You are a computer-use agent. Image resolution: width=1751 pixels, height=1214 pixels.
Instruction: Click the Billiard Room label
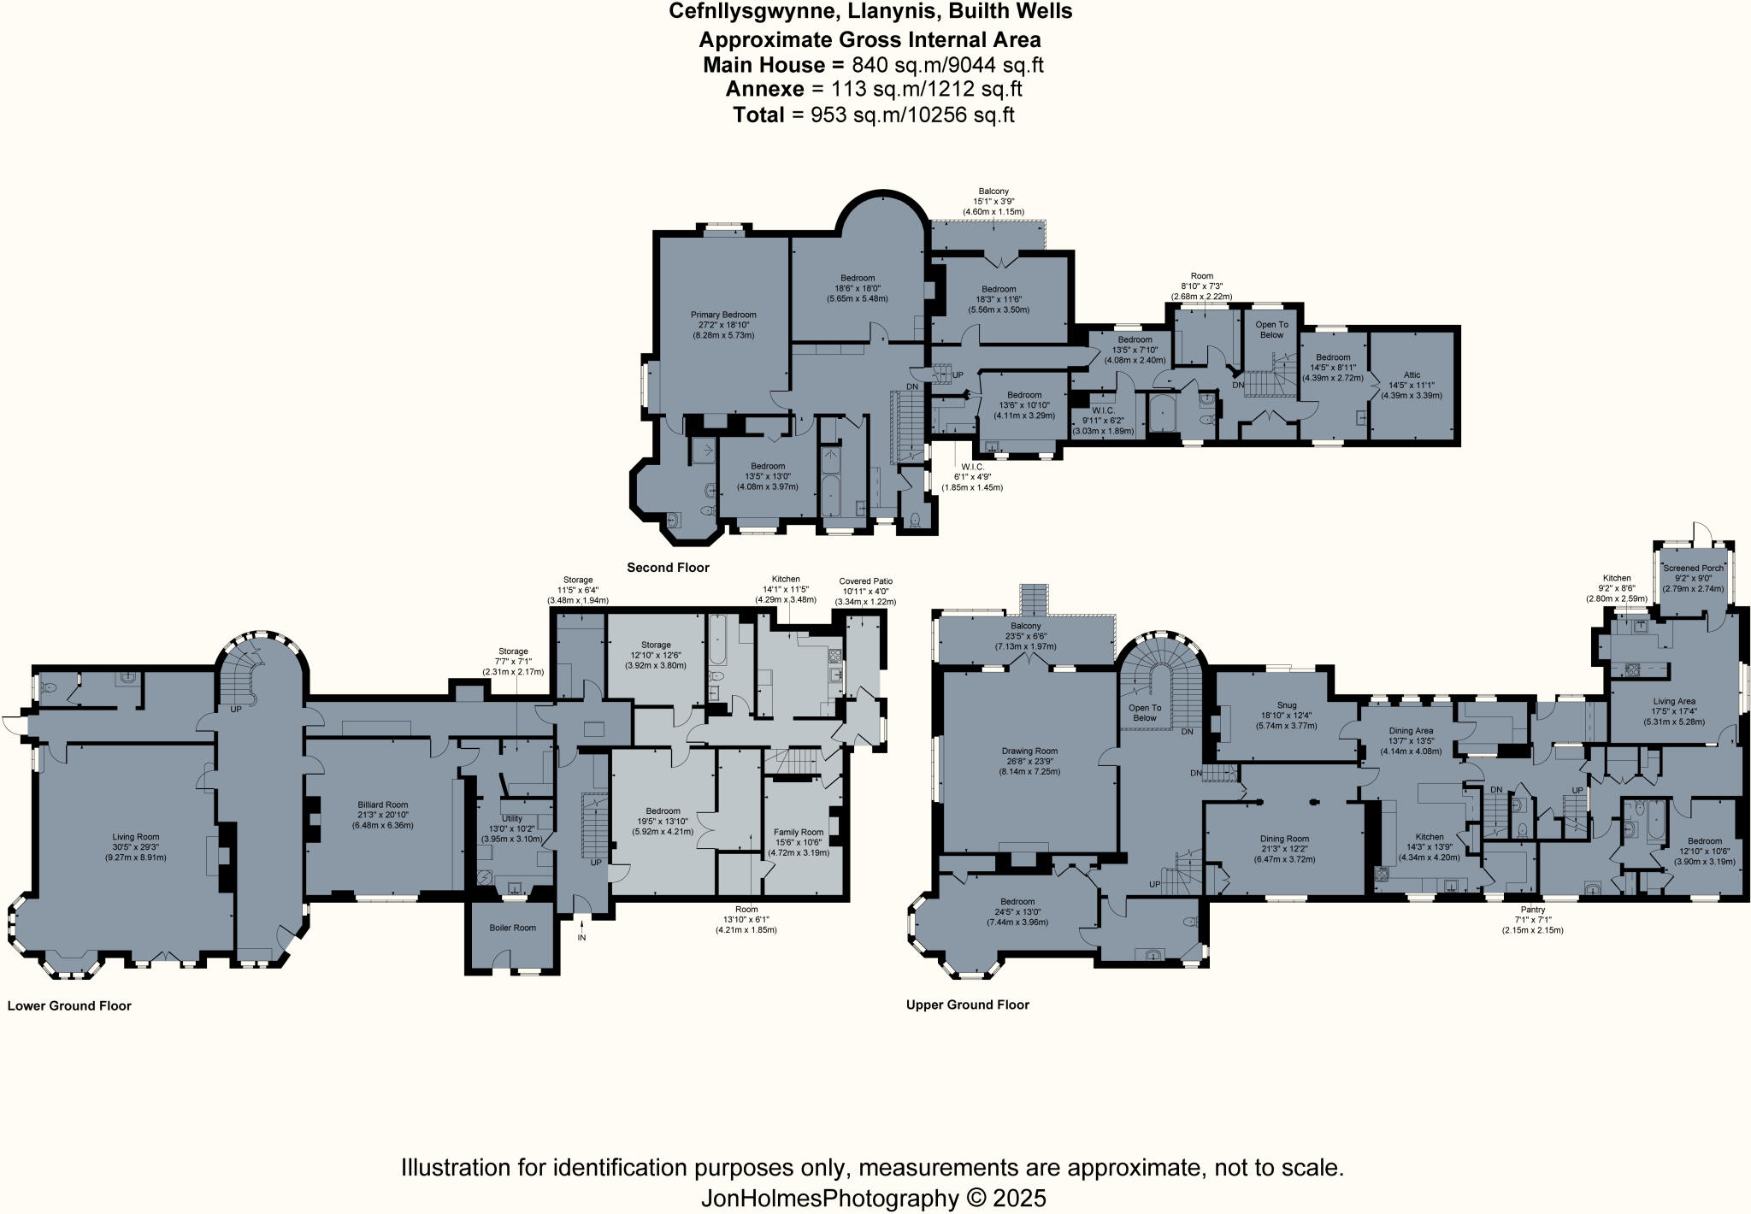click(x=382, y=804)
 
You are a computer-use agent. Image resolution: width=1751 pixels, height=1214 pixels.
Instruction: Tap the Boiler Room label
click(x=512, y=928)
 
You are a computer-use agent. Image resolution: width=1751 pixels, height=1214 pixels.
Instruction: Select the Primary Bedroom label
click(x=723, y=315)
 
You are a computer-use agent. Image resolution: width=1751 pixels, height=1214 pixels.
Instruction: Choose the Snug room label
click(x=1286, y=705)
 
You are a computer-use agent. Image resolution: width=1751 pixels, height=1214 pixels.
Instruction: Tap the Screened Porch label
click(x=1693, y=568)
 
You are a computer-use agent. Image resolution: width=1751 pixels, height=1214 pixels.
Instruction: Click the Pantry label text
click(x=1532, y=910)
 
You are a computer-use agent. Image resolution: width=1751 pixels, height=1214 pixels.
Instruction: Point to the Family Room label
click(x=799, y=832)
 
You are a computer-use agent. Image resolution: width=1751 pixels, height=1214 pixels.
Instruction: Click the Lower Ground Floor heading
click(x=69, y=1005)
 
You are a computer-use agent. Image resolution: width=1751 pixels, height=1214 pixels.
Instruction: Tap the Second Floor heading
click(x=668, y=568)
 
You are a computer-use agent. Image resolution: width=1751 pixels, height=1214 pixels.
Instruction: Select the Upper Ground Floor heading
click(x=967, y=1005)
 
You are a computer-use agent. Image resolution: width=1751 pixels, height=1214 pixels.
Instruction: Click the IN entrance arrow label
click(x=582, y=938)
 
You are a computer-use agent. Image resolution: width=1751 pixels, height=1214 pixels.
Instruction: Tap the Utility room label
click(x=511, y=818)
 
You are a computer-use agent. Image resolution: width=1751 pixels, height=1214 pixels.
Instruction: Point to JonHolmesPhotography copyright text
click(x=873, y=1198)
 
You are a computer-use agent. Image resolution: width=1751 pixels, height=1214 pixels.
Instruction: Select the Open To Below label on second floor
click(x=1271, y=329)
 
